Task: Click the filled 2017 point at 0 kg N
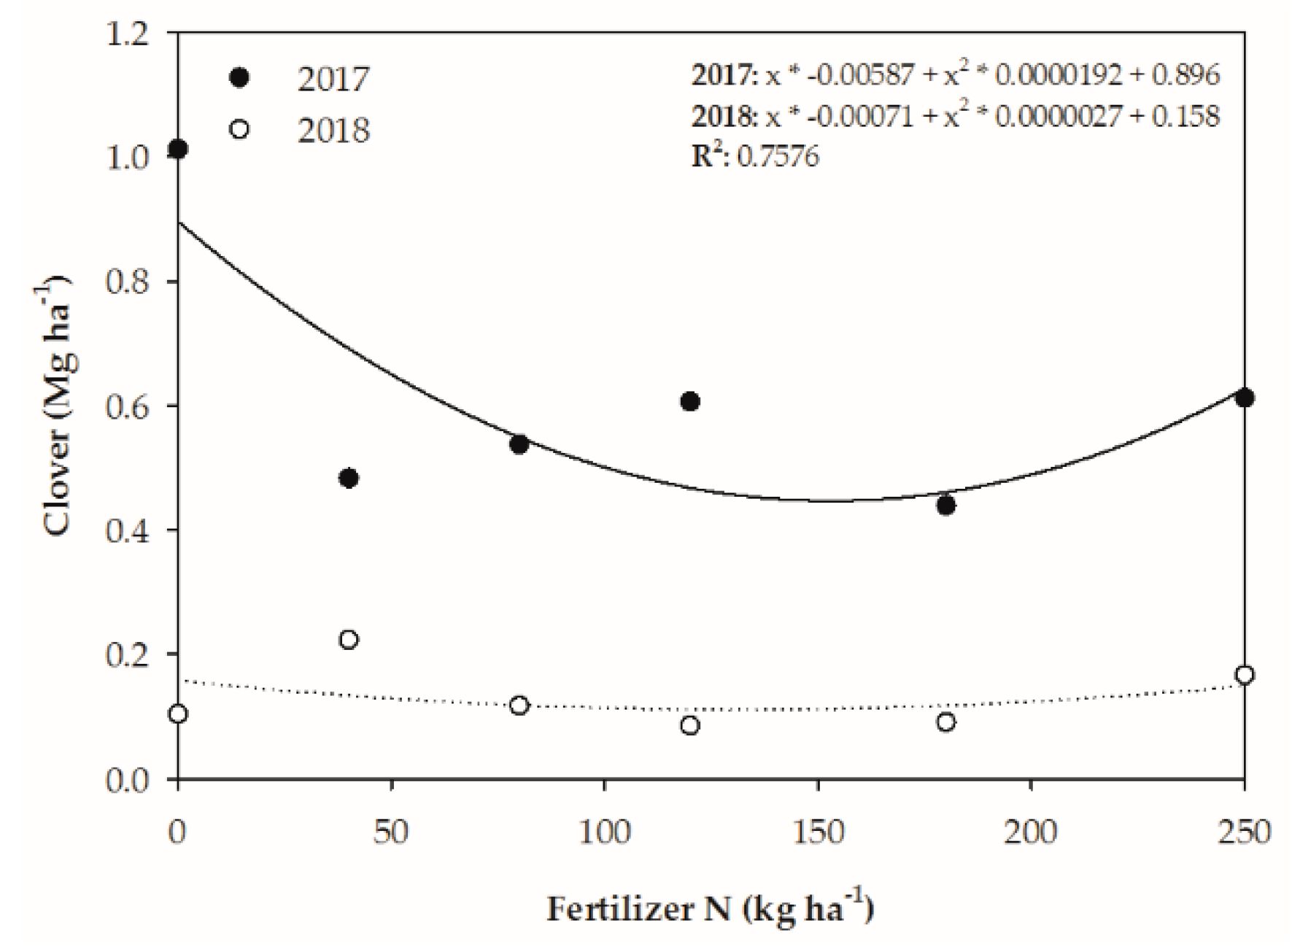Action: pyautogui.click(x=178, y=149)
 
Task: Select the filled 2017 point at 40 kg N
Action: pyautogui.click(x=349, y=479)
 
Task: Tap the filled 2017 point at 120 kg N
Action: pyautogui.click(x=690, y=401)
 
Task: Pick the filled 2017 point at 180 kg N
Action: pyautogui.click(x=945, y=505)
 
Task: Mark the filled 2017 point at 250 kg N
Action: pyautogui.click(x=1245, y=398)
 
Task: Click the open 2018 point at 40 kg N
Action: pyautogui.click(x=349, y=640)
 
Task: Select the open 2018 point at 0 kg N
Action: pyautogui.click(x=178, y=713)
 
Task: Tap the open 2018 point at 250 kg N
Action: pyautogui.click(x=1245, y=676)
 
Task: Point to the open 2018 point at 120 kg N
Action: pyautogui.click(x=690, y=725)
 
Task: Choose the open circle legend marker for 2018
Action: pyautogui.click(x=239, y=130)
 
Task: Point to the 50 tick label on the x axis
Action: pyautogui.click(x=391, y=832)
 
